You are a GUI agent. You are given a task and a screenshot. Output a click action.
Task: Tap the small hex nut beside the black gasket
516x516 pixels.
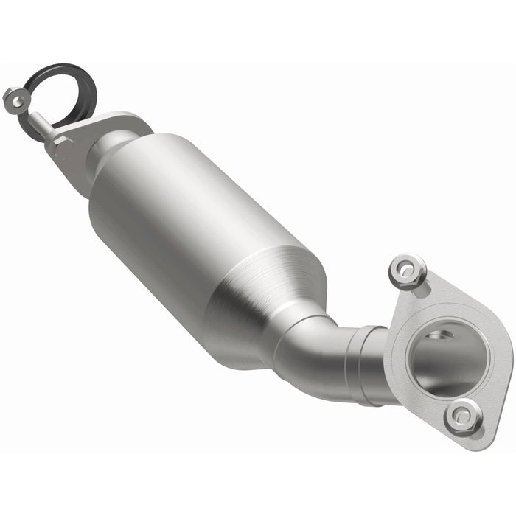(13, 98)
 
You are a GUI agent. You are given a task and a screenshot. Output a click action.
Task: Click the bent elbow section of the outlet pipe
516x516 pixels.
(324, 354)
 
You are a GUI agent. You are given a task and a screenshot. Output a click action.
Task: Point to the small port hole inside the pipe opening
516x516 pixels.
(443, 336)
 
